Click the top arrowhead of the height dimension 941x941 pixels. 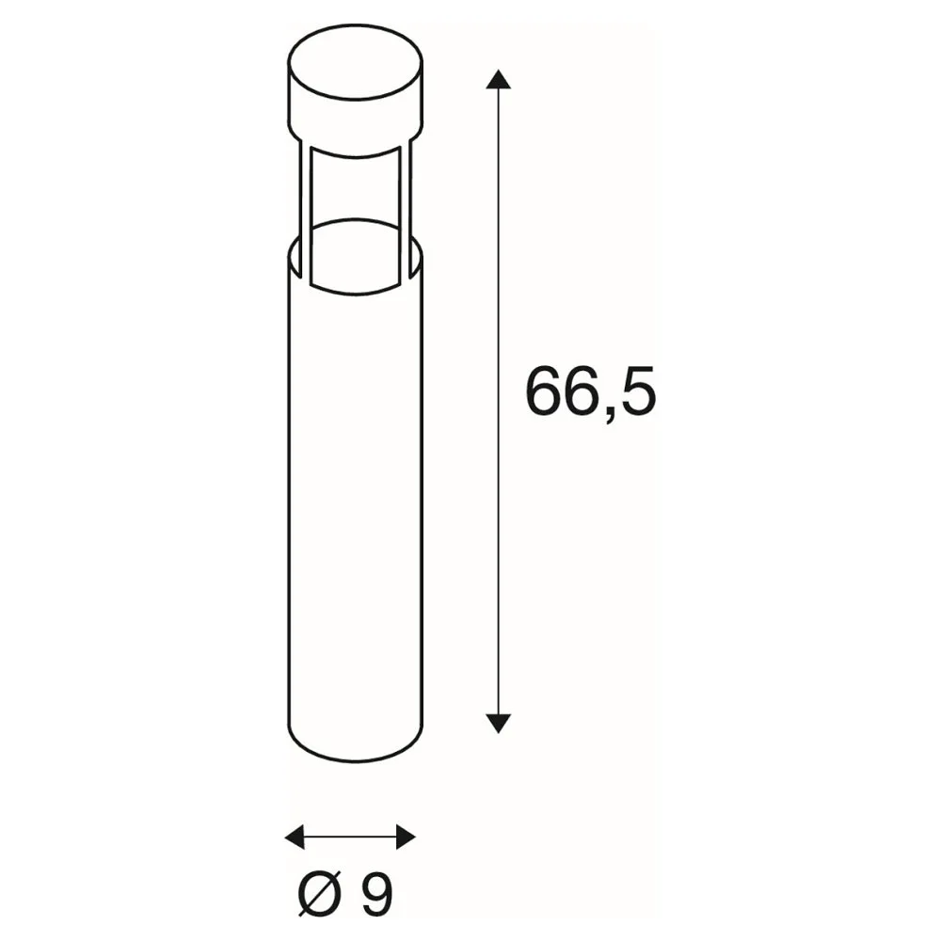click(498, 79)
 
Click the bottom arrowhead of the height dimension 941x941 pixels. click(498, 723)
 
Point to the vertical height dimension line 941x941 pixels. click(498, 402)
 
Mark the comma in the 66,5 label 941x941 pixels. click(608, 415)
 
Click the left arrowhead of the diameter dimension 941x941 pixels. click(294, 837)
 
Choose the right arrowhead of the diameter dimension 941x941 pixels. click(406, 837)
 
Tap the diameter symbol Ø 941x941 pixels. click(321, 893)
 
